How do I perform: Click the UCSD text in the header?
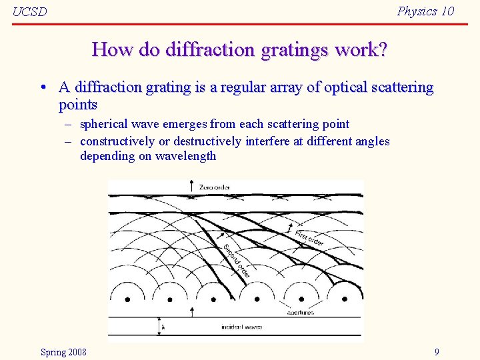click(30, 12)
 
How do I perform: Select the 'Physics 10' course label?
click(425, 11)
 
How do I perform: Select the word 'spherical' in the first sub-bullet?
click(104, 124)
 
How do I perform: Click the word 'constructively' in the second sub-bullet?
click(117, 141)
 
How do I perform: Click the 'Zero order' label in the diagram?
click(214, 187)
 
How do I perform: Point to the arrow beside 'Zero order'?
click(192, 186)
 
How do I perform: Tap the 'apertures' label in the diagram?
click(300, 312)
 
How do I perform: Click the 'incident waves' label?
click(241, 327)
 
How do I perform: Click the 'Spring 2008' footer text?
click(63, 352)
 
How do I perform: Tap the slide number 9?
click(437, 352)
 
